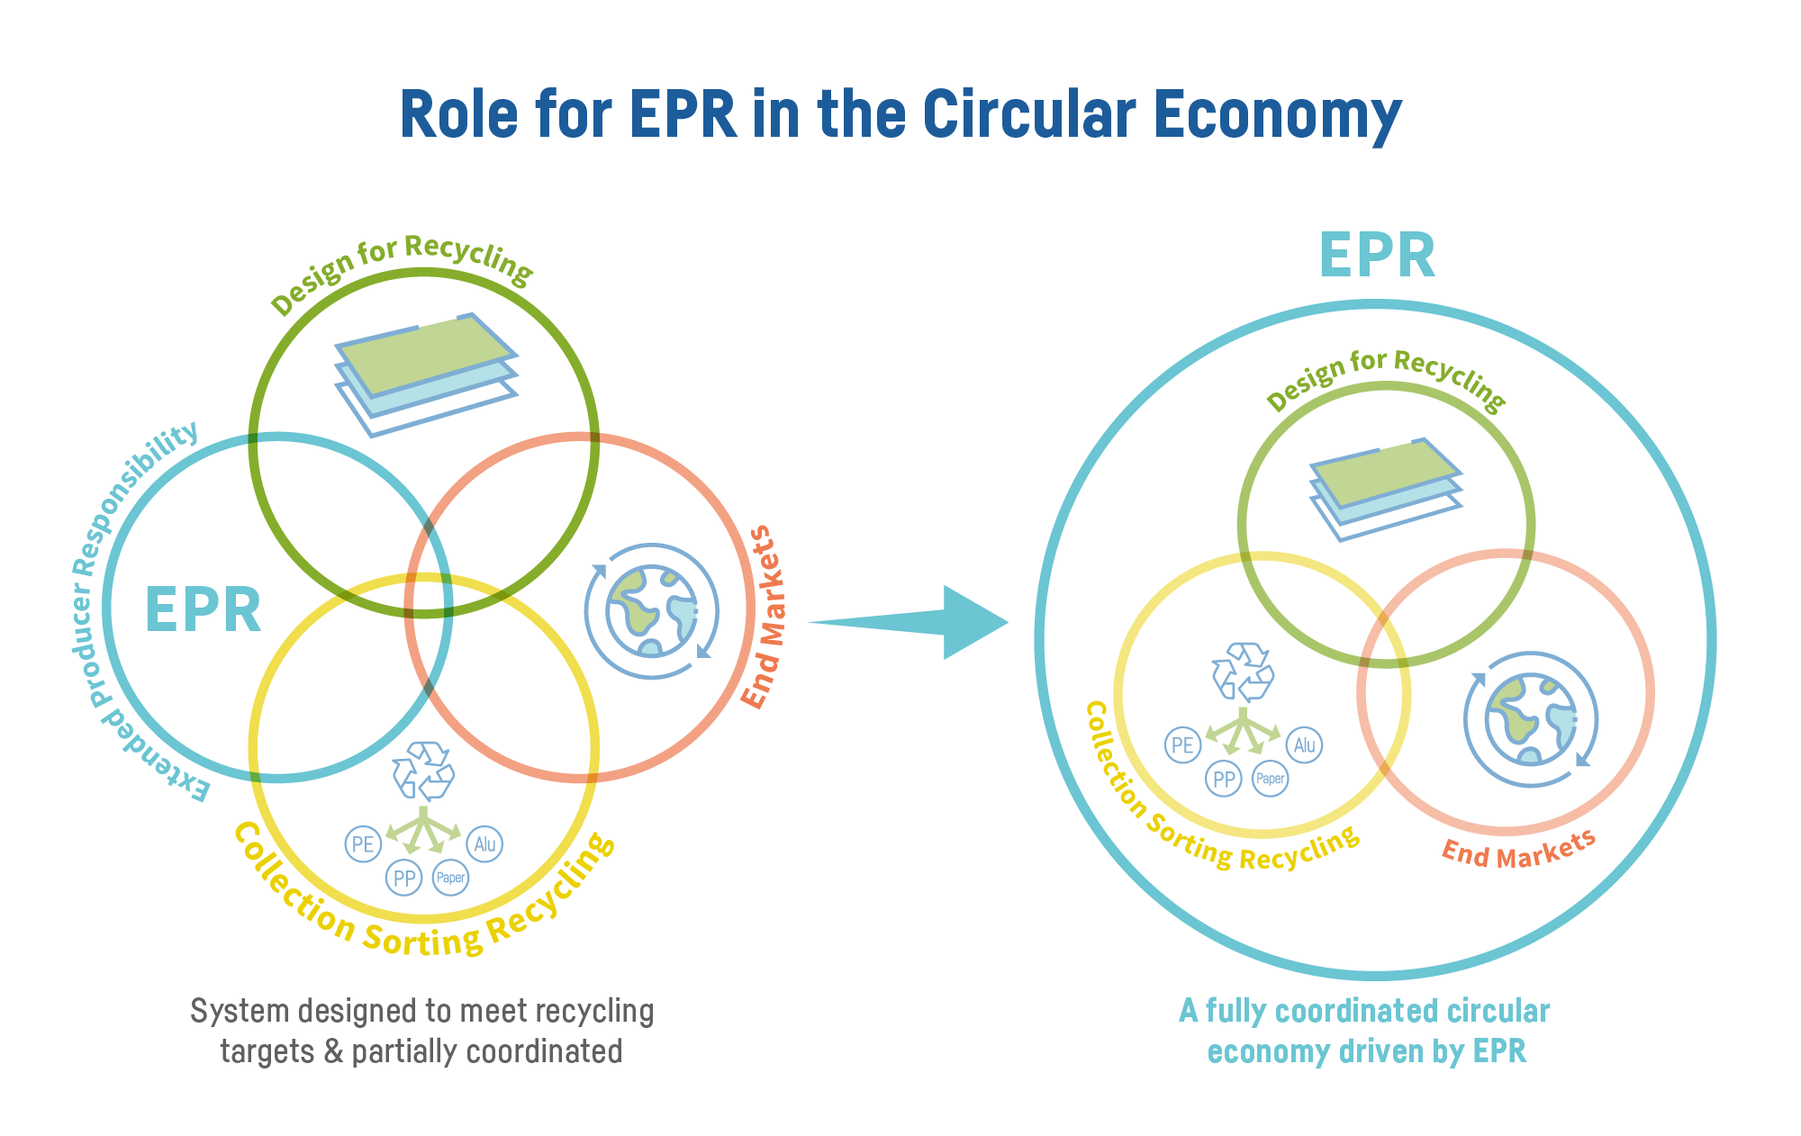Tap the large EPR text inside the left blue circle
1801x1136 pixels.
pos(203,610)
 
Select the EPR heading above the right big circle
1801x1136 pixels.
pos(1376,256)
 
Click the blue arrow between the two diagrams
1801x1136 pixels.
pos(928,622)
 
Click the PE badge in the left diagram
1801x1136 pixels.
pos(363,844)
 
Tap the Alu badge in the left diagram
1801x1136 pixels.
pos(484,844)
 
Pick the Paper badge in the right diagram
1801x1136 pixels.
pos(1271,779)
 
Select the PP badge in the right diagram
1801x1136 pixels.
pos(1223,779)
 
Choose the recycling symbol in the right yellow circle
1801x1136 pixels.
pos(1243,672)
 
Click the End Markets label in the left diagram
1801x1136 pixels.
pos(762,617)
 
